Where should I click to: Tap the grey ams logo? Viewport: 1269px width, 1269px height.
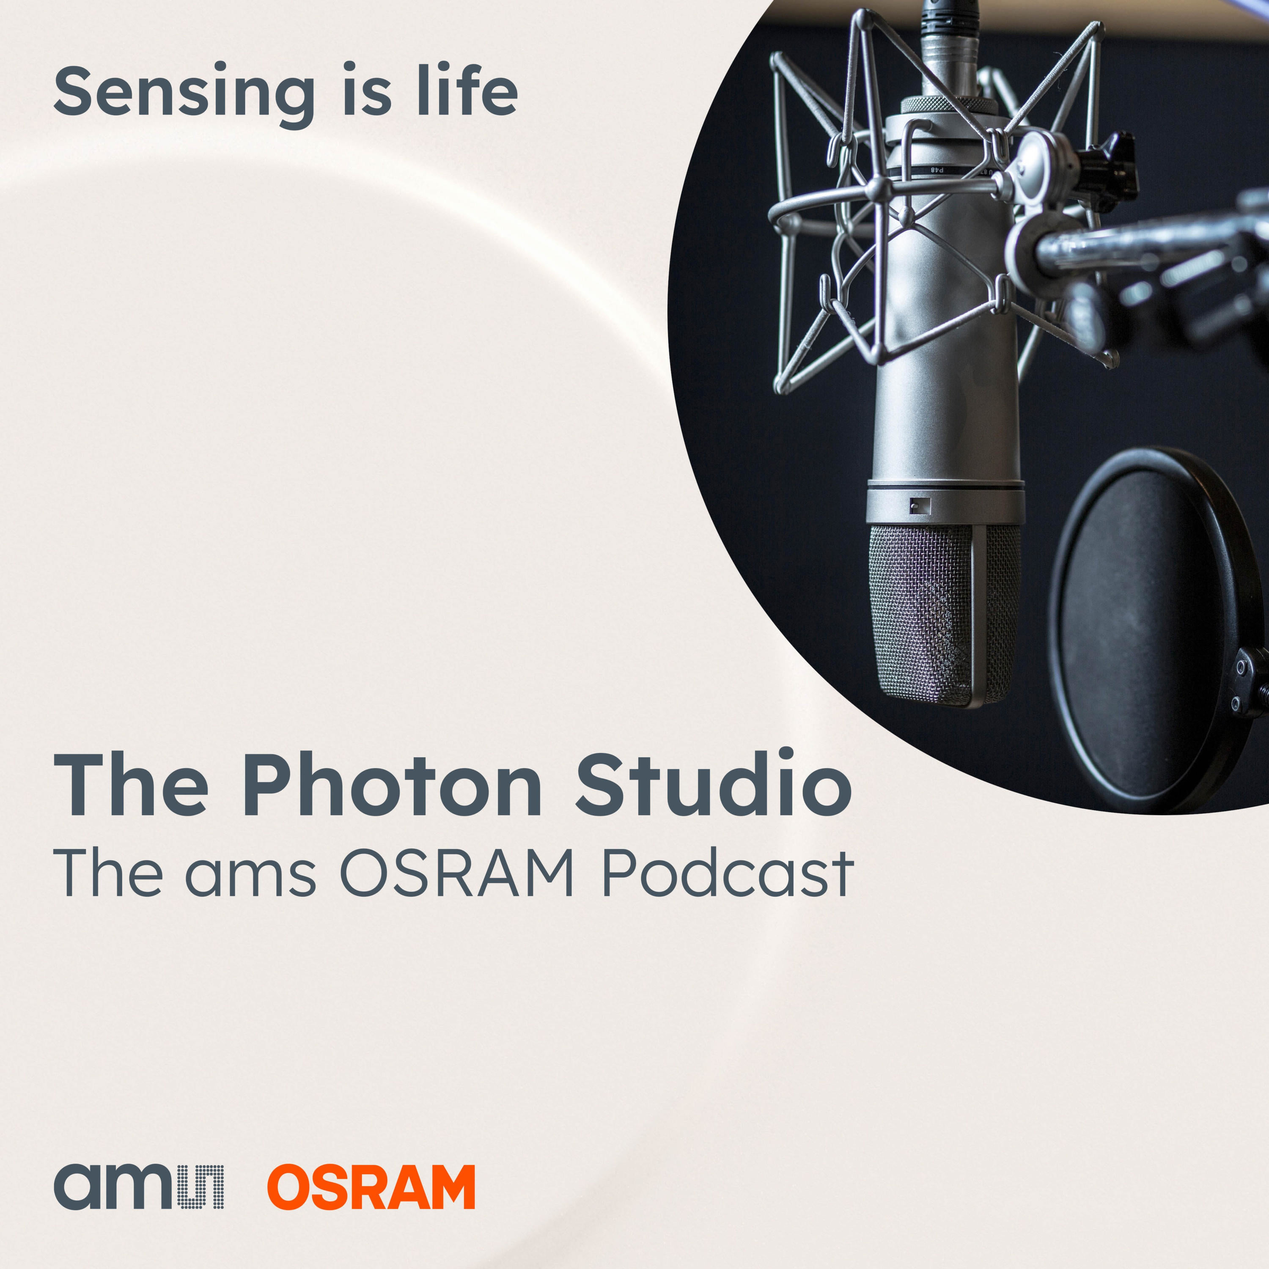139,1187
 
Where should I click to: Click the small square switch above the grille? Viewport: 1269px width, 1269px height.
920,506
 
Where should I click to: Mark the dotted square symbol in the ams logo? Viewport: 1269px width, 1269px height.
201,1187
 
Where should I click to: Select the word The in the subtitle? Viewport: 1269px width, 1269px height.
108,873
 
